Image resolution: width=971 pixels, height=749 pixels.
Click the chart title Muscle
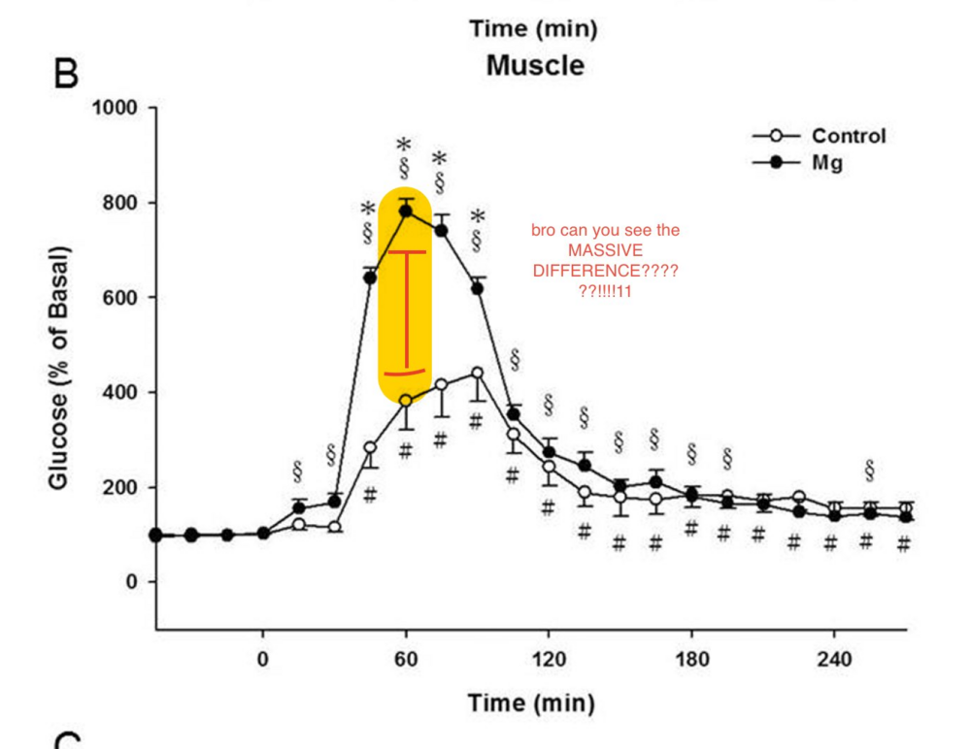coord(535,66)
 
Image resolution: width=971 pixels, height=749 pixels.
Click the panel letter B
coord(66,75)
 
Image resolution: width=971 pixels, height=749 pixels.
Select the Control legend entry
coord(849,136)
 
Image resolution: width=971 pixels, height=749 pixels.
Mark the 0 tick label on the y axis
coord(136,582)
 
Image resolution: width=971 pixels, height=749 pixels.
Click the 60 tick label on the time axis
coord(406,661)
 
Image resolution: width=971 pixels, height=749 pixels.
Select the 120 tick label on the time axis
coord(549,661)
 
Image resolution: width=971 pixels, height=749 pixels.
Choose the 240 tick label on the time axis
coord(834,661)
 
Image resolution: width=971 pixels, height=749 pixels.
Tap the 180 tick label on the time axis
coord(691,661)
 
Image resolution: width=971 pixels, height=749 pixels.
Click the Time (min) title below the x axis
coord(531,702)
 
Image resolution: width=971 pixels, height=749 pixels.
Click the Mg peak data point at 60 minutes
coord(406,211)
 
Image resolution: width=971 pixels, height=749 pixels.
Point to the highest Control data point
coord(477,373)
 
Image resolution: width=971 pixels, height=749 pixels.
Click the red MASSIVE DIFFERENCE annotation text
coord(605,260)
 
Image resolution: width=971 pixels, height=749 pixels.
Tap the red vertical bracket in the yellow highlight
coord(406,310)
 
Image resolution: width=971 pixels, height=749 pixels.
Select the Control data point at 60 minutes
coord(406,401)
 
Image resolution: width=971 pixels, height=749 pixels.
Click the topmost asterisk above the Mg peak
coord(404,146)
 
